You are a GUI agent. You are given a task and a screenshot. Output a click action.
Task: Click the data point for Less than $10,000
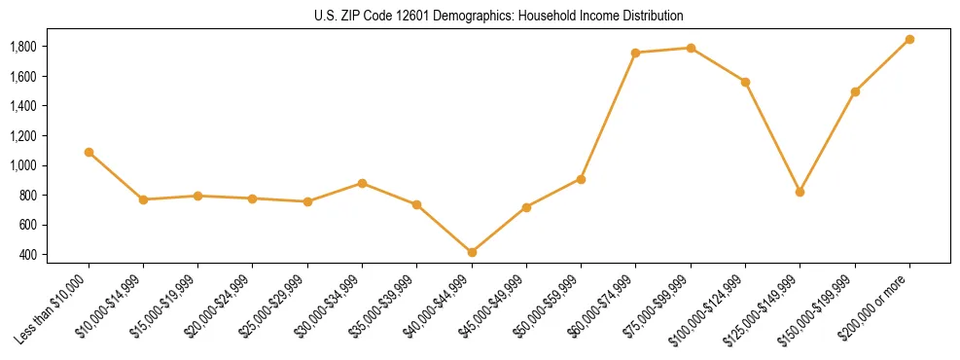(89, 152)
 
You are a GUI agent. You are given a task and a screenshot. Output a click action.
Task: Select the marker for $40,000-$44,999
(472, 252)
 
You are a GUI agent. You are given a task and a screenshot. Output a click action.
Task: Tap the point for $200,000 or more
(909, 39)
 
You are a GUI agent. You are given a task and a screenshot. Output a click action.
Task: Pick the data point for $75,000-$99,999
(691, 48)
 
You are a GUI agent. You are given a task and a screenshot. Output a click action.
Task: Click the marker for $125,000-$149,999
(800, 192)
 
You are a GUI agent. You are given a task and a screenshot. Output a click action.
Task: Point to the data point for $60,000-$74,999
(636, 53)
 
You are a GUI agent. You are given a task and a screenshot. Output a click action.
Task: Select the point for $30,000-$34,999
(362, 183)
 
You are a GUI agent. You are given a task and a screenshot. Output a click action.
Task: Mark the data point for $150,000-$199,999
(855, 91)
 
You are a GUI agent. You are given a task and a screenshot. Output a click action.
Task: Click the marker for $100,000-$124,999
(745, 82)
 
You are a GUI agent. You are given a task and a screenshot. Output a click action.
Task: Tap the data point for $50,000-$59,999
(581, 179)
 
